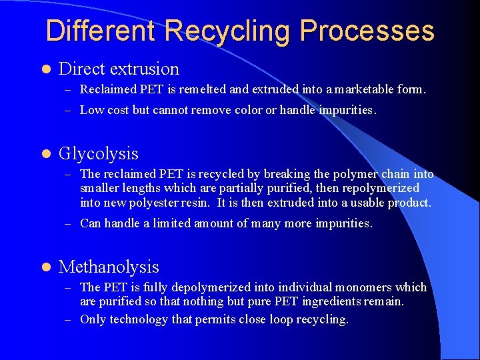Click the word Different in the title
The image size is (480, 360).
click(101, 31)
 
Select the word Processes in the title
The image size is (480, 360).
click(367, 31)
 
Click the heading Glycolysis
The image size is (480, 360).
click(99, 154)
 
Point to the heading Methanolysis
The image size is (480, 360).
click(109, 267)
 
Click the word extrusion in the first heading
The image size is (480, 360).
click(146, 69)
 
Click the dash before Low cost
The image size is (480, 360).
click(69, 111)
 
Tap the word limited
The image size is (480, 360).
click(172, 224)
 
